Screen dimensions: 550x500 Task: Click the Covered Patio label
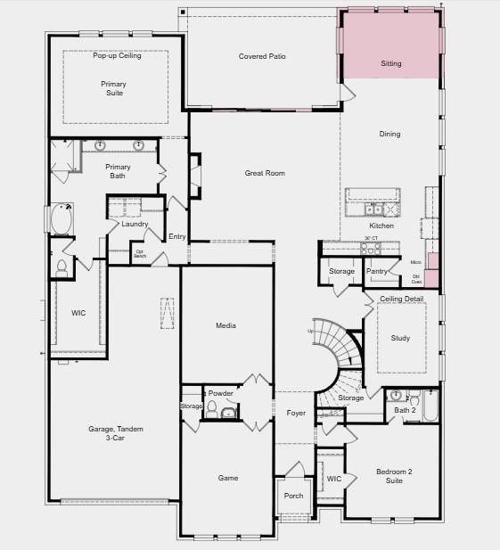262,57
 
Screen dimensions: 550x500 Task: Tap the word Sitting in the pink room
390,64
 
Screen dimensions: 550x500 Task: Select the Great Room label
265,173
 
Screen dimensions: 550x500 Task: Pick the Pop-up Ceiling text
117,55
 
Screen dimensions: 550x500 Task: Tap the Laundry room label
135,224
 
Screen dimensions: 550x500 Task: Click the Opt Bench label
140,253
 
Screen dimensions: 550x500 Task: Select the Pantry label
378,271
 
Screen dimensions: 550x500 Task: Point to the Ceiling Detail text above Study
401,299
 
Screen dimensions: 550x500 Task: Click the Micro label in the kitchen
415,262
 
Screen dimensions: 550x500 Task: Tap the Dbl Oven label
416,280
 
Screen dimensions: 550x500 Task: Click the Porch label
294,496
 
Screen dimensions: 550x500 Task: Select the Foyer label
296,413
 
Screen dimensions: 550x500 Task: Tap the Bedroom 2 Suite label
393,476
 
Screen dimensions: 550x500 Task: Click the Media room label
226,325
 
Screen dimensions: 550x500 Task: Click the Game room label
228,478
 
